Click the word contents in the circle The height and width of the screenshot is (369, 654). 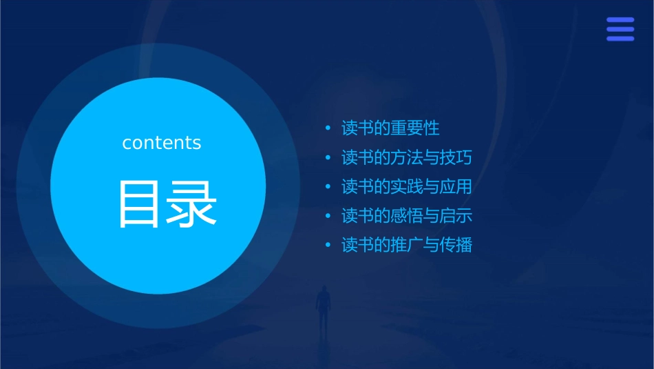pos(162,143)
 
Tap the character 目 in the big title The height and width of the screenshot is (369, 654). pos(140,204)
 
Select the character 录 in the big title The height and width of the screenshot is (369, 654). pos(190,204)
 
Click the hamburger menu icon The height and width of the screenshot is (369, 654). pos(620,30)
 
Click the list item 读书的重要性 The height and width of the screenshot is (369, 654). pos(390,128)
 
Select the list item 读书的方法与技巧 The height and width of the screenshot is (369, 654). pos(407,157)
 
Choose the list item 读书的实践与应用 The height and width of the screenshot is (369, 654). pos(407,187)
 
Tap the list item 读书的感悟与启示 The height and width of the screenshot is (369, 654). pos(407,216)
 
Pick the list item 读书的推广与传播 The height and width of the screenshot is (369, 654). pos(407,245)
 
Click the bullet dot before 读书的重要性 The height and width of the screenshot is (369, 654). pos(328,129)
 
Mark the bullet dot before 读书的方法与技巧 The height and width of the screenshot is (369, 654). pos(328,158)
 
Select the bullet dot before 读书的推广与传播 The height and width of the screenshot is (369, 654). pos(328,246)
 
